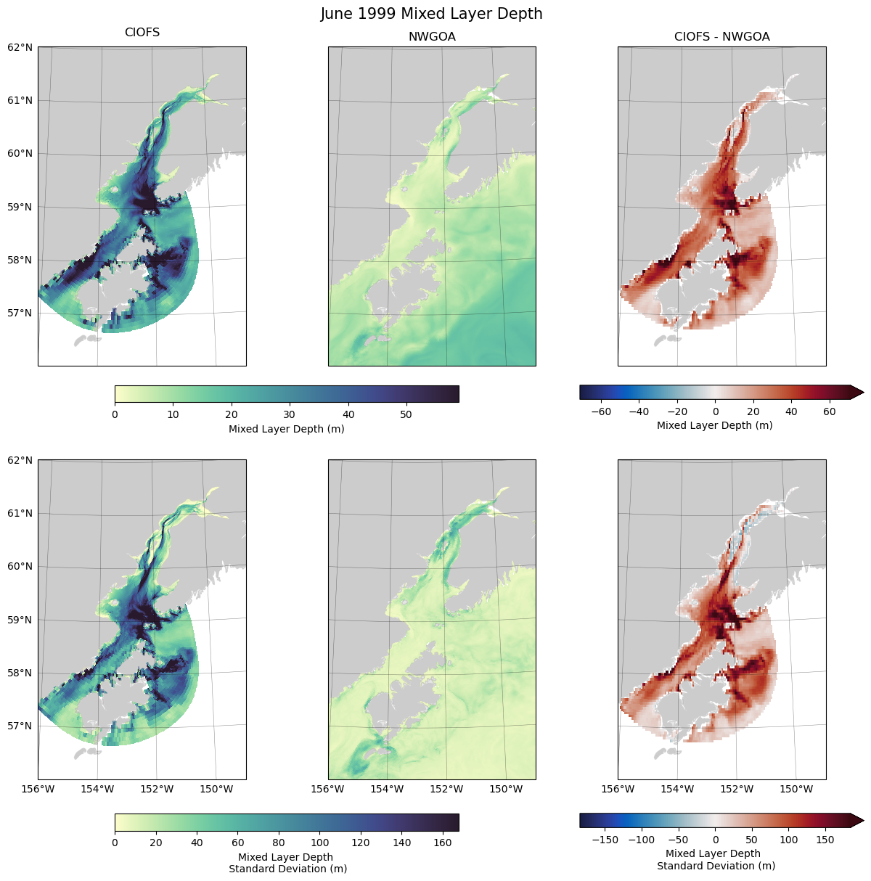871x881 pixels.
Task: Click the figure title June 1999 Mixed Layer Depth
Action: pos(431,14)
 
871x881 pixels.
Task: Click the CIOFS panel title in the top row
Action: pos(142,33)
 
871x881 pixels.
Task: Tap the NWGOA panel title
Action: pos(432,37)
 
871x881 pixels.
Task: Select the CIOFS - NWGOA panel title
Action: pos(721,37)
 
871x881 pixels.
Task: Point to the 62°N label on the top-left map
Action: pos(20,47)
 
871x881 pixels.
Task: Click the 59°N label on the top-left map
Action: pos(20,207)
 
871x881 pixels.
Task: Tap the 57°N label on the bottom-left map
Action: pos(20,726)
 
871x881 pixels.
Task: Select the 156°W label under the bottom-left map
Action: pos(38,789)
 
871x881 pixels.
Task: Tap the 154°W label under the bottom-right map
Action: pos(678,789)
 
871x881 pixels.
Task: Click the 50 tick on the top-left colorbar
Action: pos(406,415)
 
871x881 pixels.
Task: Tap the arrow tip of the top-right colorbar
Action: pos(862,393)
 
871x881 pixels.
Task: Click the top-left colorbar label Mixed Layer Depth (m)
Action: pos(286,429)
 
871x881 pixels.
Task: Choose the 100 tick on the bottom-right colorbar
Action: pos(789,840)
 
